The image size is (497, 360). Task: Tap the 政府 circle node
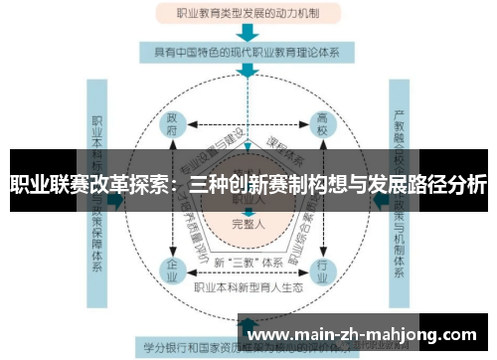pos(173,124)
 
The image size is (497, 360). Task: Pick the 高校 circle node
pos(322,124)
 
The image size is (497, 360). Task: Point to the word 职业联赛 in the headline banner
pos(45,184)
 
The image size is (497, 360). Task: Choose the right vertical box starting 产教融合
pos(402,199)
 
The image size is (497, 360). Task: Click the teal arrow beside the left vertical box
pos(117,200)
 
